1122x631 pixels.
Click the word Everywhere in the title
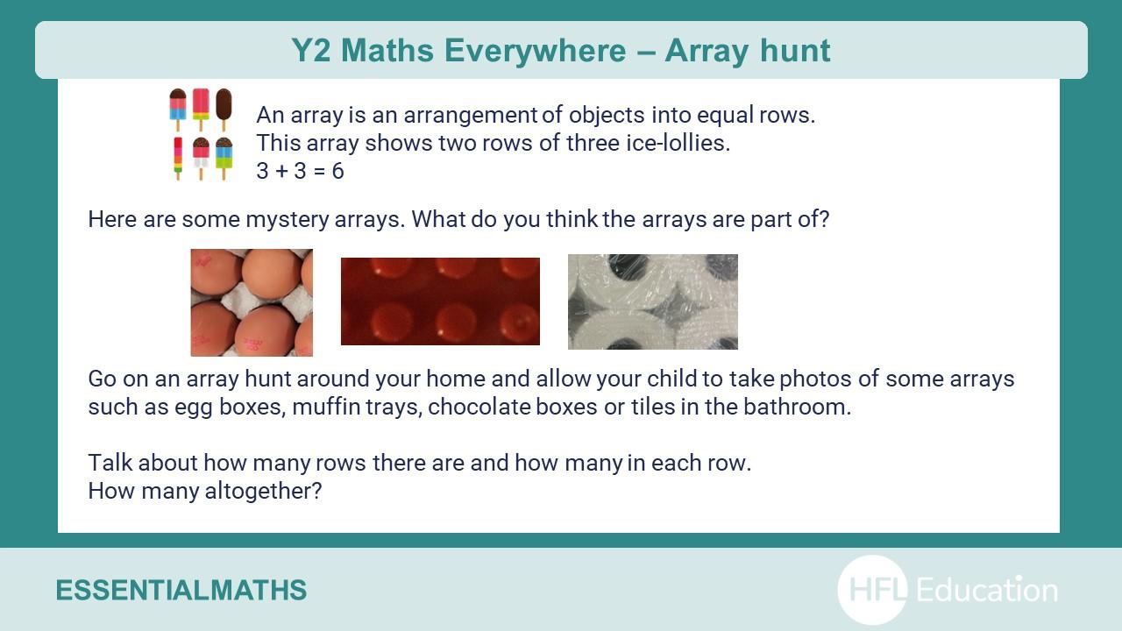(535, 51)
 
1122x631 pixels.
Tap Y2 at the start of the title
(310, 51)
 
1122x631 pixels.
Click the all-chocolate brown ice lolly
(224, 110)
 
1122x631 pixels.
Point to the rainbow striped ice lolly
(178, 159)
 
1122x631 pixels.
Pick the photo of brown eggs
(252, 302)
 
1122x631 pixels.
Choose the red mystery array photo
(440, 301)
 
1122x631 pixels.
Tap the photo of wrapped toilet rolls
(653, 301)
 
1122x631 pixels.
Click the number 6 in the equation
(338, 171)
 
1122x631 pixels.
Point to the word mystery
(287, 220)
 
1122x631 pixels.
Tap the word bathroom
(797, 407)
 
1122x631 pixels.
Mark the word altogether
(263, 492)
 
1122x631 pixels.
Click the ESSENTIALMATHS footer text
(181, 590)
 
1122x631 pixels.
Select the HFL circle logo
(872, 590)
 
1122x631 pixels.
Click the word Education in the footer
(987, 590)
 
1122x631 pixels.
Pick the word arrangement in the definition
(471, 116)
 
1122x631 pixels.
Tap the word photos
(815, 379)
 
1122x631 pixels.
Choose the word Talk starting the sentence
(110, 463)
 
